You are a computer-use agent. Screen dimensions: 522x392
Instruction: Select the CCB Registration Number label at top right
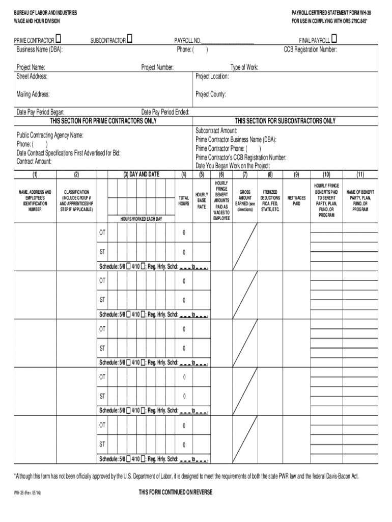pyautogui.click(x=310, y=49)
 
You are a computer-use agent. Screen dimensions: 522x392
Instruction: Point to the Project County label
pyautogui.click(x=211, y=94)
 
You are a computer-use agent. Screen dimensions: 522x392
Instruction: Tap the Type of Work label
pyautogui.click(x=244, y=67)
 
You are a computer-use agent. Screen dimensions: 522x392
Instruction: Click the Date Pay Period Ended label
pyautogui.click(x=165, y=112)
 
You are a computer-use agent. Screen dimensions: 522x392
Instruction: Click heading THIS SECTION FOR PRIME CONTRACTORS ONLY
pyautogui.click(x=103, y=121)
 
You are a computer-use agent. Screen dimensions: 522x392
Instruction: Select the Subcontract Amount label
pyautogui.click(x=216, y=131)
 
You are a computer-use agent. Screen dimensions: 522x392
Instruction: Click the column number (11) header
pyautogui.click(x=360, y=175)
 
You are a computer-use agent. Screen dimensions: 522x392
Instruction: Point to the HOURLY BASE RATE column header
pyautogui.click(x=202, y=201)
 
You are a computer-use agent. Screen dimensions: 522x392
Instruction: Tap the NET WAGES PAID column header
pyautogui.click(x=297, y=200)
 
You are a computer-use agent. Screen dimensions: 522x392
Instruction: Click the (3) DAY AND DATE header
pyautogui.click(x=141, y=174)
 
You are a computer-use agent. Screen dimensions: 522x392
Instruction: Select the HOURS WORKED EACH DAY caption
pyautogui.click(x=141, y=219)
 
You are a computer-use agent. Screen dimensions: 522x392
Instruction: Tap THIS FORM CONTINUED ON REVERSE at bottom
pyautogui.click(x=176, y=492)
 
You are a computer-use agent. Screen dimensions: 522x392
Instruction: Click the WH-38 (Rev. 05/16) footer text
pyautogui.click(x=27, y=493)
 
